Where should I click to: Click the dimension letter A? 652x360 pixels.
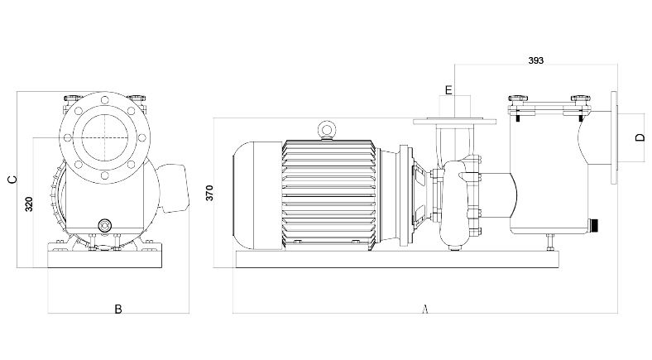(424, 310)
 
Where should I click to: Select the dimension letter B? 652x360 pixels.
(118, 310)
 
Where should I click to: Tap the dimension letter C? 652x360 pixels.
(11, 180)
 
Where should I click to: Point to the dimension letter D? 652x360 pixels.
(640, 137)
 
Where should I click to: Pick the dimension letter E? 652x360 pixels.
(449, 89)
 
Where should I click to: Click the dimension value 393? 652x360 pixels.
(537, 60)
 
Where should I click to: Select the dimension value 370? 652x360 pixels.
(210, 193)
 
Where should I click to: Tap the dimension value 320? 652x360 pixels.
(30, 204)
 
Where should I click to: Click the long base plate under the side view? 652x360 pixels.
(397, 259)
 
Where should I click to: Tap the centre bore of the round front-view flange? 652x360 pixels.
(104, 136)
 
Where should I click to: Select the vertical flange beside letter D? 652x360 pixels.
(613, 137)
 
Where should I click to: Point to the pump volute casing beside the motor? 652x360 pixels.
(457, 203)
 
